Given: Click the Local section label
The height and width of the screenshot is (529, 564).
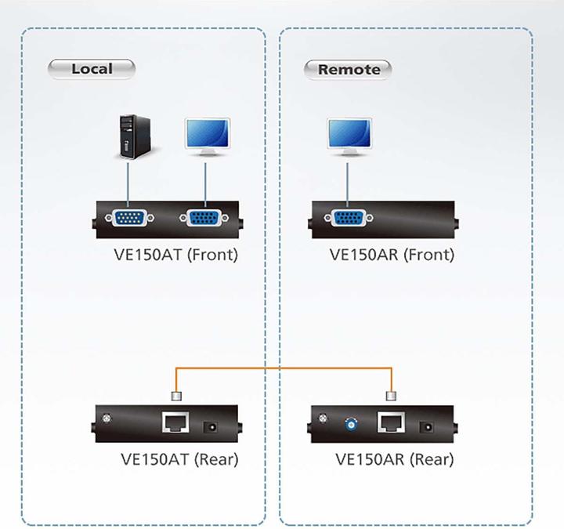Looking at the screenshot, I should click(x=92, y=69).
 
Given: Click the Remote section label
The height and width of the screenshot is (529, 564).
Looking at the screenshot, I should click(x=348, y=70).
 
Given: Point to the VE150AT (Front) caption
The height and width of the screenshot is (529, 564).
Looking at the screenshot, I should click(x=175, y=255).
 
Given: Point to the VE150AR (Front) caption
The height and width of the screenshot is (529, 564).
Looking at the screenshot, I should click(x=391, y=255).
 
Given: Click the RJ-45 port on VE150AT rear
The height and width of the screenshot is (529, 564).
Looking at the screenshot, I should click(x=174, y=424).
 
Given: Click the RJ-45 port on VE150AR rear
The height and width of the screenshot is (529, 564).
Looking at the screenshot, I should click(x=390, y=424).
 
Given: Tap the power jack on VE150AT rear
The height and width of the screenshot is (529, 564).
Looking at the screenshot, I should click(x=211, y=426).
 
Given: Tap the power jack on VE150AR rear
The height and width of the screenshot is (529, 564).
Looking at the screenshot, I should click(x=427, y=426).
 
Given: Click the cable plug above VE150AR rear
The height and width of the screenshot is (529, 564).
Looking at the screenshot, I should click(x=391, y=396).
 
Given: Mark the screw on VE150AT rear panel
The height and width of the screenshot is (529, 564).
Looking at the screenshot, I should click(x=106, y=419).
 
